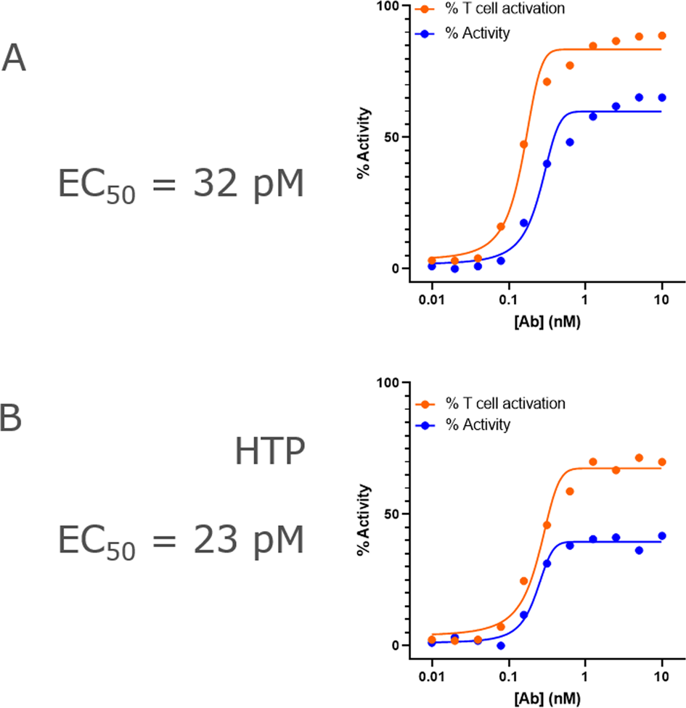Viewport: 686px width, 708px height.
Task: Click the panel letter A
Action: [14, 58]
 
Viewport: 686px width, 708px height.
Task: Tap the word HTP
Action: [269, 453]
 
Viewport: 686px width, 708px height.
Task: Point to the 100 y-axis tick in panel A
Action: [390, 7]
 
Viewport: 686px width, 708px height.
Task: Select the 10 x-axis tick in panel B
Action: [661, 675]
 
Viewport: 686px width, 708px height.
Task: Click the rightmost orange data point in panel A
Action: [662, 36]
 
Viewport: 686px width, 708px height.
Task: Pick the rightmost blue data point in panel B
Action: [662, 536]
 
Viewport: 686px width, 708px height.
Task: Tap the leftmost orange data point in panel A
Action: [432, 260]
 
